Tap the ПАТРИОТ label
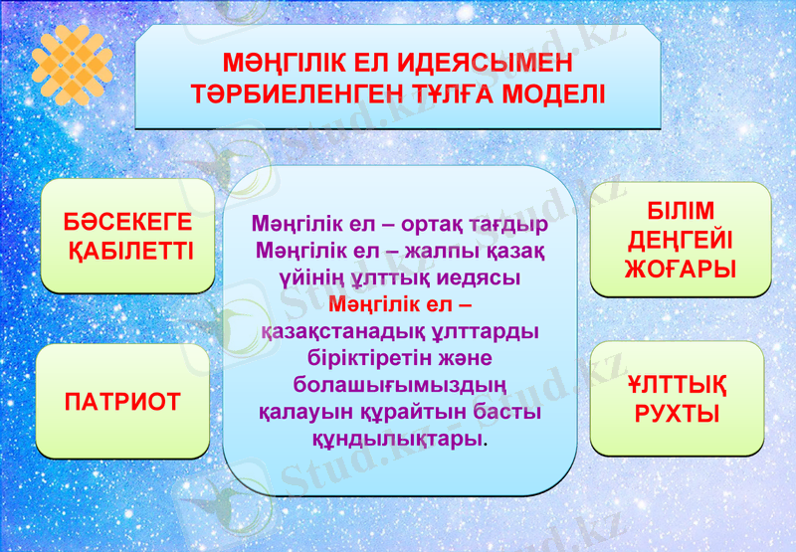(x=122, y=402)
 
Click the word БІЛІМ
(x=680, y=212)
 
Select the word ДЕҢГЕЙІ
(x=680, y=240)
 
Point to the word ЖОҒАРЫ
(x=680, y=269)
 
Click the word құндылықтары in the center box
(x=398, y=437)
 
